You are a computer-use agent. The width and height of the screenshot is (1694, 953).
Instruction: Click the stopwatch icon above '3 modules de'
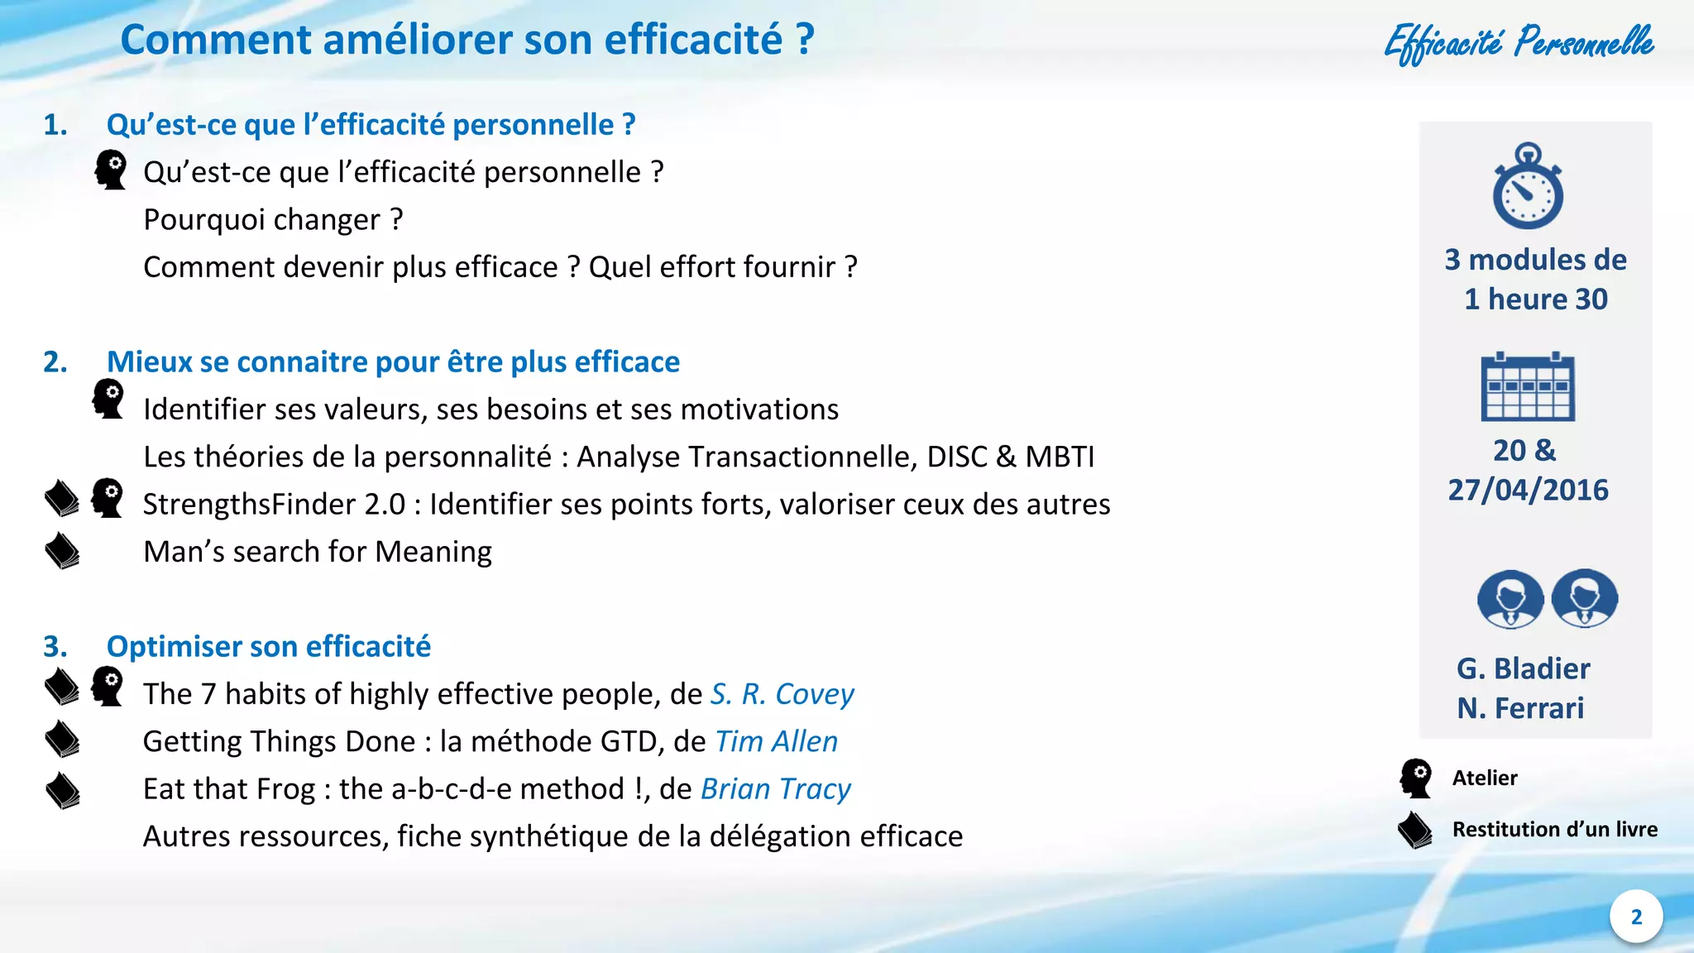point(1528,188)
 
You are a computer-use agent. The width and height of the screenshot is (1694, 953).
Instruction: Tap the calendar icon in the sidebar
point(1528,386)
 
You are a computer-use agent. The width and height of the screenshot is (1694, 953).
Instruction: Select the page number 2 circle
point(1636,917)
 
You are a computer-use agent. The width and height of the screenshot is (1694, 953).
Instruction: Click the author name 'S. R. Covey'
point(782,694)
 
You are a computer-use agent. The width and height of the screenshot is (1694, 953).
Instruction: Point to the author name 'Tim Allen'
point(776,741)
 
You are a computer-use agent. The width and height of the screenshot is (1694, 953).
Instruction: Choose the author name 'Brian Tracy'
point(775,789)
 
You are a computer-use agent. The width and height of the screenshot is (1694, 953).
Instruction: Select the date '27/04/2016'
point(1528,490)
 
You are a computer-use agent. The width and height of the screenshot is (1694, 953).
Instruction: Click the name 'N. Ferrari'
point(1520,708)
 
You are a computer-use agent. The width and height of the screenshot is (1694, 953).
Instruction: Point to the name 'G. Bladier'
point(1523,668)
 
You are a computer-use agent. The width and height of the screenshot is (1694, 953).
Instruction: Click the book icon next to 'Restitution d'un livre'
point(1415,830)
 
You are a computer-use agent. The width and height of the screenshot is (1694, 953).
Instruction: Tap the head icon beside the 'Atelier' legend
point(1416,778)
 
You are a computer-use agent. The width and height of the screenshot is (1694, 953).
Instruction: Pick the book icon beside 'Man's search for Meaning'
point(62,551)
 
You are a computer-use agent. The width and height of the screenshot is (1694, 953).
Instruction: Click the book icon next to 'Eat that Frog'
point(62,790)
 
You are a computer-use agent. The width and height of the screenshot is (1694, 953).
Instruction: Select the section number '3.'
point(55,646)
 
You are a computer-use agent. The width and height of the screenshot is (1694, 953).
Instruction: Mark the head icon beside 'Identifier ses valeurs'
point(108,399)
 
